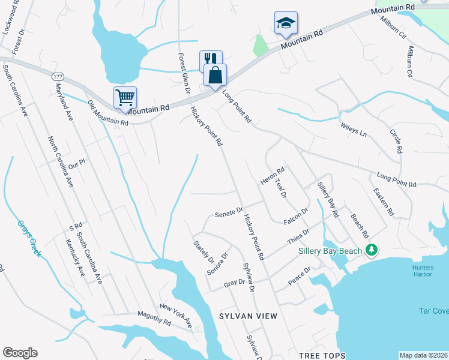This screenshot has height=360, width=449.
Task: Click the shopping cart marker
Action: tap(125, 97)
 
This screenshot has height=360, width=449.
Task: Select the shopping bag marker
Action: tap(215, 75)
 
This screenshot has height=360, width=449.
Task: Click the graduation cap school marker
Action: tap(286, 23)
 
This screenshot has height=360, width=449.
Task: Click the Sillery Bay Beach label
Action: tap(331, 251)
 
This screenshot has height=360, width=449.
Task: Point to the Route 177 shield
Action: tap(58, 77)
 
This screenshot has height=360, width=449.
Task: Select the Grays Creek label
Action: tap(28, 238)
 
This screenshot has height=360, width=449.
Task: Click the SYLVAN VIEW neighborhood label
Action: tap(248, 316)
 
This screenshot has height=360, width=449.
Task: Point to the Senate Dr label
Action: tap(229, 212)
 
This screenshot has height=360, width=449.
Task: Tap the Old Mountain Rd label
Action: tap(108, 113)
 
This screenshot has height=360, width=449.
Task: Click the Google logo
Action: tap(20, 353)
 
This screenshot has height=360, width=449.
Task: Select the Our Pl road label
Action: tap(77, 163)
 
